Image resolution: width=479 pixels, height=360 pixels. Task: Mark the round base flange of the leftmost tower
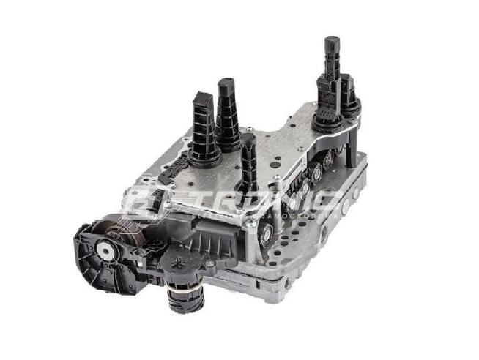point(205,155)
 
